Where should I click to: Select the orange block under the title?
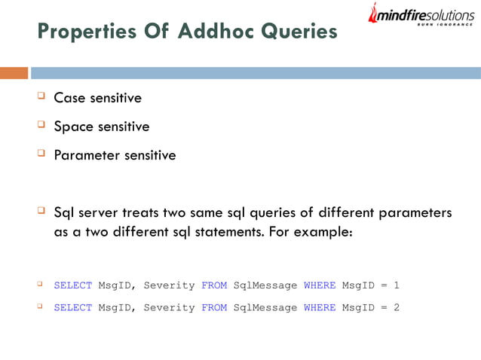14,73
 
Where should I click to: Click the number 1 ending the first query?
397,285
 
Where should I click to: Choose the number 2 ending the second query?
397,307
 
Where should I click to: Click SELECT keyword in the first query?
72,285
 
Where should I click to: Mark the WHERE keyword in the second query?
319,307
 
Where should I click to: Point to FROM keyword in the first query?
214,285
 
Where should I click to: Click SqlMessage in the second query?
265,307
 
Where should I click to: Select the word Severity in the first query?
169,285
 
